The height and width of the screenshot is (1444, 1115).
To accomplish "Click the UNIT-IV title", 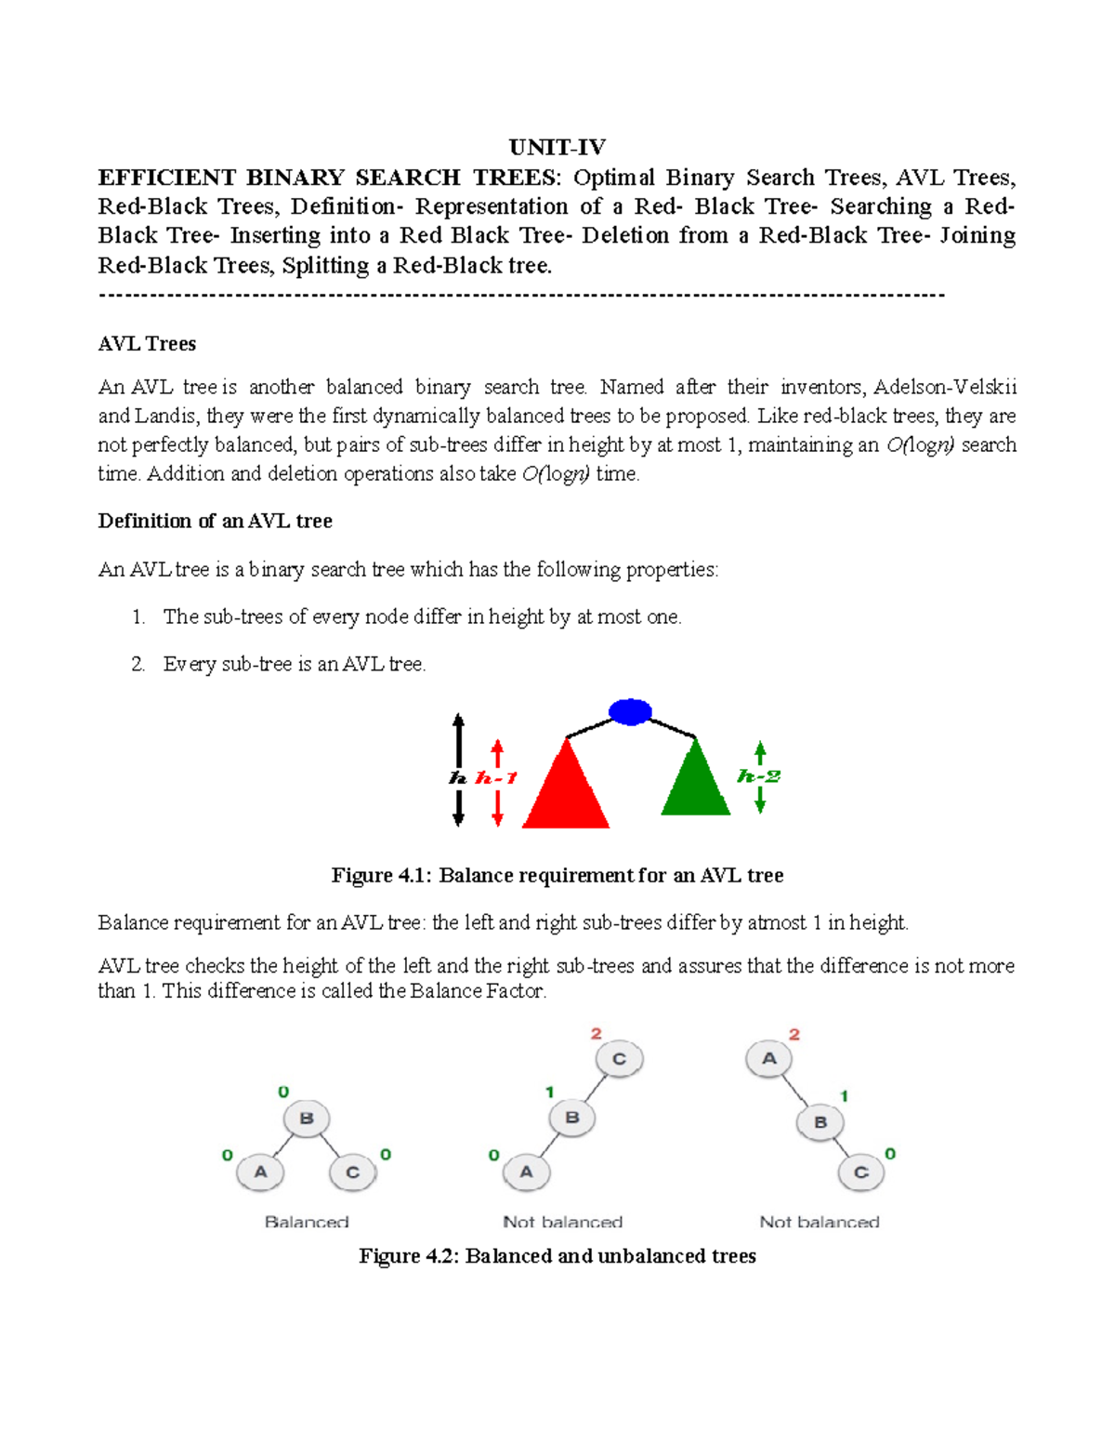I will (x=557, y=147).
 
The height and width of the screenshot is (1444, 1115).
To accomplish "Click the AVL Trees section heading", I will (x=147, y=344).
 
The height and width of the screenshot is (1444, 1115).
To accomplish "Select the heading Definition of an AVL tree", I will (x=215, y=522).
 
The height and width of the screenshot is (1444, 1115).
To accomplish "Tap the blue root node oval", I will (x=630, y=712).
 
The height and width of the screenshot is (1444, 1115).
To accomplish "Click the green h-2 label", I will (x=758, y=776).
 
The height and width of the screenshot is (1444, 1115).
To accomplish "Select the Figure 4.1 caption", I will (x=557, y=876).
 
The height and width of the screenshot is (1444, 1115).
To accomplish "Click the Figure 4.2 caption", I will (x=557, y=1256).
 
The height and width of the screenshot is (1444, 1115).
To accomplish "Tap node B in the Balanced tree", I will (x=307, y=1119).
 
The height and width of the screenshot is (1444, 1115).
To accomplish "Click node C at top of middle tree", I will (x=620, y=1059).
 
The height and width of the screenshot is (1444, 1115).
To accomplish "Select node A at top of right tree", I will (x=769, y=1058).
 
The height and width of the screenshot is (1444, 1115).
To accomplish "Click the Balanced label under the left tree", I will (x=307, y=1222).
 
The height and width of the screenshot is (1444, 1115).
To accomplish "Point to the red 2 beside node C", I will (x=597, y=1034).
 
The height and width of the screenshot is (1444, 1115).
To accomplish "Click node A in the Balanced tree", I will (x=260, y=1172).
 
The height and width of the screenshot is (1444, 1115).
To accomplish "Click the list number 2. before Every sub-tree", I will (x=138, y=665).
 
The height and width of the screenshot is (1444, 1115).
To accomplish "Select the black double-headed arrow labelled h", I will (x=458, y=770).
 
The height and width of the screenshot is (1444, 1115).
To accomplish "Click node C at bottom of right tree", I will (x=861, y=1172).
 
